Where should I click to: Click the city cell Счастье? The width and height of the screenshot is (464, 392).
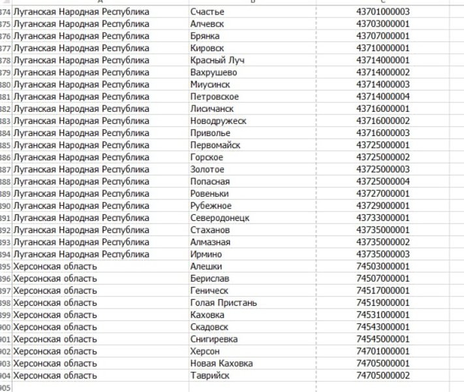[207, 12]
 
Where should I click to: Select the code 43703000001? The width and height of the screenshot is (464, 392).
[382, 24]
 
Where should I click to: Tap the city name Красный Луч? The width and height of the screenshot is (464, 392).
[217, 60]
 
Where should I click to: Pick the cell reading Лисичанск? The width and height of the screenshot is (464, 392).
[212, 108]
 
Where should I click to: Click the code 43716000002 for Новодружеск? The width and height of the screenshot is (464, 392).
[382, 121]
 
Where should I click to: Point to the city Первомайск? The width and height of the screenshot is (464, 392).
[215, 145]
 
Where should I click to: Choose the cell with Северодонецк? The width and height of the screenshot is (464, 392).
[220, 218]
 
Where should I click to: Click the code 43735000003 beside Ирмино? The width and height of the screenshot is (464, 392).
[382, 254]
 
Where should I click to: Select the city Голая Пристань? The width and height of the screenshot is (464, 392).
[223, 302]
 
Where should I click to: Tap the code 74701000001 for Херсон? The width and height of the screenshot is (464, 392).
[382, 351]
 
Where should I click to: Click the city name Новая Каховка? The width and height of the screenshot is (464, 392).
[221, 363]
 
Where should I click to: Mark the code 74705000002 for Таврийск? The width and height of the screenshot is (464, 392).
[382, 375]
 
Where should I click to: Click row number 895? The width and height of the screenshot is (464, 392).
[5, 267]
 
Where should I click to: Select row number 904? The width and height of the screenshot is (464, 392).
[5, 376]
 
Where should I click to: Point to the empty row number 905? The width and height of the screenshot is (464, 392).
[5, 387]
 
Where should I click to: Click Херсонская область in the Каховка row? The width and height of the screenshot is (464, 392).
[55, 315]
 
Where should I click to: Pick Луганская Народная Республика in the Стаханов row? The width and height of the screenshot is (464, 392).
[81, 230]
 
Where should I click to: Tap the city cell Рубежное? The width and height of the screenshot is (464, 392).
[210, 206]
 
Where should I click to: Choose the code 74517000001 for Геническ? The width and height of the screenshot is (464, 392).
[382, 291]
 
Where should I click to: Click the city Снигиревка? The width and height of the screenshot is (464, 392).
[214, 339]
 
